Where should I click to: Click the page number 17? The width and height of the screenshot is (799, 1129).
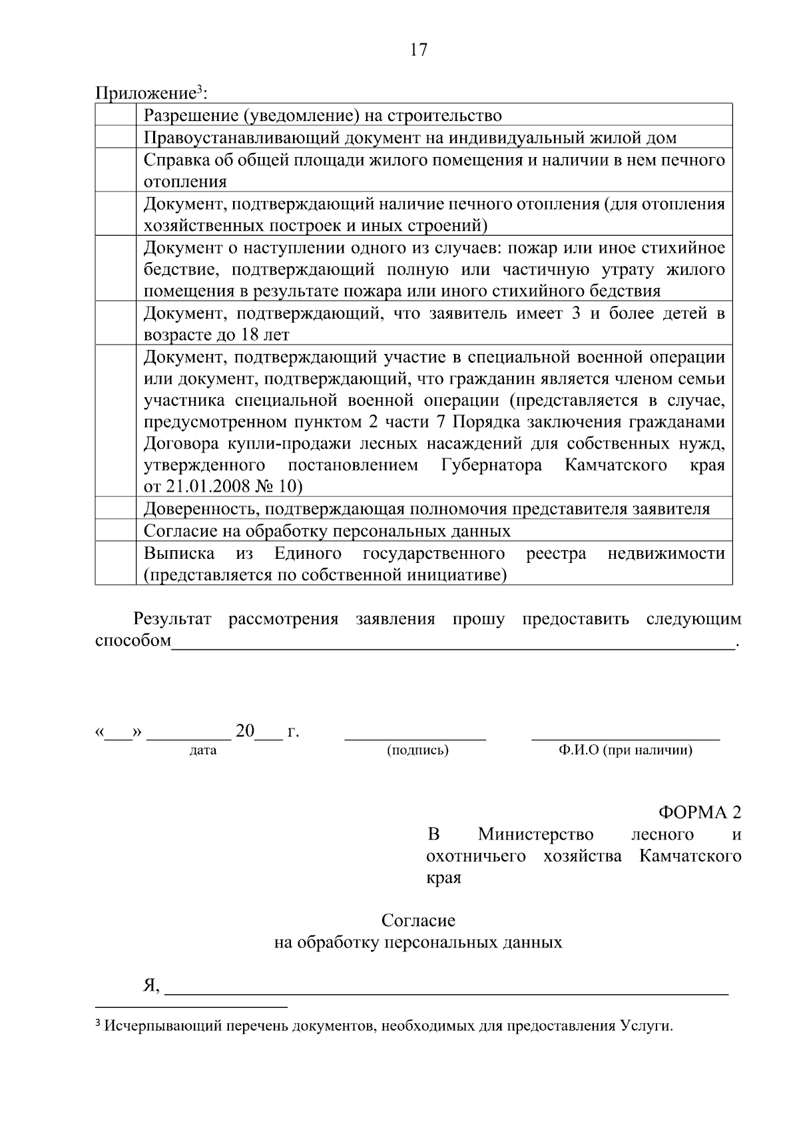tap(419, 50)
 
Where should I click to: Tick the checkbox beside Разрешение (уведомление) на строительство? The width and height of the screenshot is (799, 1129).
tap(116, 115)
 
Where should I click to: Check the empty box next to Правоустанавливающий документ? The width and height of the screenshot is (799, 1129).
tap(116, 137)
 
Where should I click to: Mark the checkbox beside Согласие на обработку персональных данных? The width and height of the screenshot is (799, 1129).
tap(116, 531)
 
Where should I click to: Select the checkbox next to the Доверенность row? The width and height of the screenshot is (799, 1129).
tap(116, 509)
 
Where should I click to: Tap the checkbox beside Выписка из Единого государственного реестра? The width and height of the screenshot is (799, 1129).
tap(116, 564)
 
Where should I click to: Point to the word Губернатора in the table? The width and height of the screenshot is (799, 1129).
tap(491, 464)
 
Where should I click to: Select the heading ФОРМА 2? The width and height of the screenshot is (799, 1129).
tap(699, 812)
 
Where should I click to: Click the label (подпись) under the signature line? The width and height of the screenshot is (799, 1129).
tap(417, 750)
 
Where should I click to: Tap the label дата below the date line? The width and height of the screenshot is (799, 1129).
tap(203, 750)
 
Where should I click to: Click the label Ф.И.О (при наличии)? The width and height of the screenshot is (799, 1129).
tap(625, 750)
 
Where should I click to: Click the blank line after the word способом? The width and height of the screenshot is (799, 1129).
tap(453, 642)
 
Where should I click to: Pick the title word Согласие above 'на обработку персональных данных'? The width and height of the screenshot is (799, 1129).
tap(418, 921)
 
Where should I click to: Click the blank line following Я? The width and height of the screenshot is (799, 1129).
tap(446, 988)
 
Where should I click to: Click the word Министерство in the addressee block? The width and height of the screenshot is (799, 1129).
tap(535, 834)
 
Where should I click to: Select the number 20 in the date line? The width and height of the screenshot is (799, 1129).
tap(244, 731)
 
